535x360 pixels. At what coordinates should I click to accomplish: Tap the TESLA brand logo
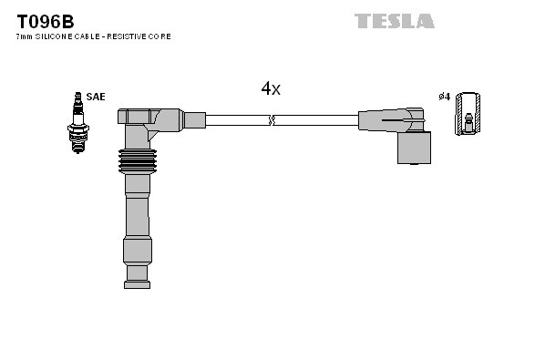tap(394, 20)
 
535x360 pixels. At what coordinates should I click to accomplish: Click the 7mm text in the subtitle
tap(25, 36)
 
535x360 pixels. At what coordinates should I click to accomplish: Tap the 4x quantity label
tap(271, 88)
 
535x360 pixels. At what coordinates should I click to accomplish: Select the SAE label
tap(96, 96)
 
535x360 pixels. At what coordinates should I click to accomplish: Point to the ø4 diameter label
tap(445, 96)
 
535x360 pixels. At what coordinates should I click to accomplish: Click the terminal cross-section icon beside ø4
tap(468, 114)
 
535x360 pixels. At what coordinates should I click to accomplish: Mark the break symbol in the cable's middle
tap(271, 119)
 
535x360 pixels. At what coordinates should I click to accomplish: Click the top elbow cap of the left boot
tap(137, 117)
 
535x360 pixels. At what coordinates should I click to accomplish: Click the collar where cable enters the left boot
tap(193, 119)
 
